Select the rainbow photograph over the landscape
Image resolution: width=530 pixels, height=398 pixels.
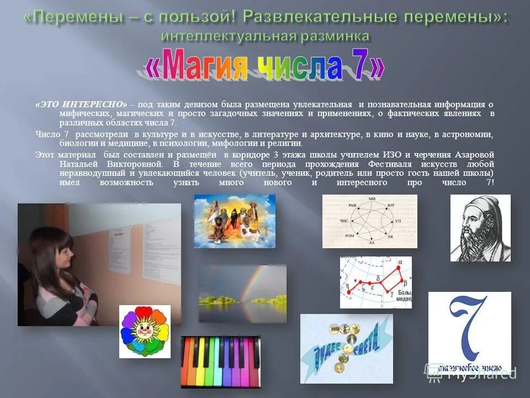242,294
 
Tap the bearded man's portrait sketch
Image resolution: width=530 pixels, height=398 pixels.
480,228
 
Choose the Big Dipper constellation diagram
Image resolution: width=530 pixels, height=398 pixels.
375,282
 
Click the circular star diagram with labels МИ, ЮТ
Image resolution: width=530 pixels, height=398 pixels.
369,221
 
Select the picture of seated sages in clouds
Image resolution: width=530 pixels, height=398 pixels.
234,221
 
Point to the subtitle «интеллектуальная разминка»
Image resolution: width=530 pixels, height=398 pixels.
265,36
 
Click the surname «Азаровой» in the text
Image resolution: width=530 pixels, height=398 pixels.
472,155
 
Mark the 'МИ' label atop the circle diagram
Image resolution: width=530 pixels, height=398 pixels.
372,198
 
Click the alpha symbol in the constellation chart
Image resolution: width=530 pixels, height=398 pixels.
400,262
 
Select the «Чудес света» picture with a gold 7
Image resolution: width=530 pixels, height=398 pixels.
346,348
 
